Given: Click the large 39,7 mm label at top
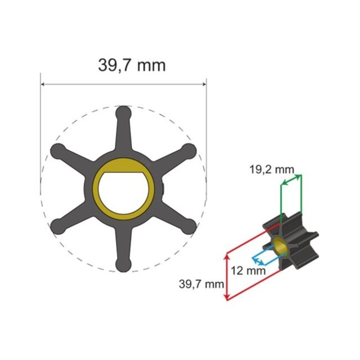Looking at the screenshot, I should (x=132, y=65).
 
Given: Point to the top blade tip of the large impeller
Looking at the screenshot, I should (x=123, y=114).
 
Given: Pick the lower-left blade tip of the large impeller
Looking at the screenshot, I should (x=57, y=225).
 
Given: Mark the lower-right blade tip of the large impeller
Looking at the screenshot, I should (x=189, y=225).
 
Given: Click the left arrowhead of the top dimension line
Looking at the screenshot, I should (x=43, y=85).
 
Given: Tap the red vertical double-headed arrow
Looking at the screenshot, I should (x=226, y=277).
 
